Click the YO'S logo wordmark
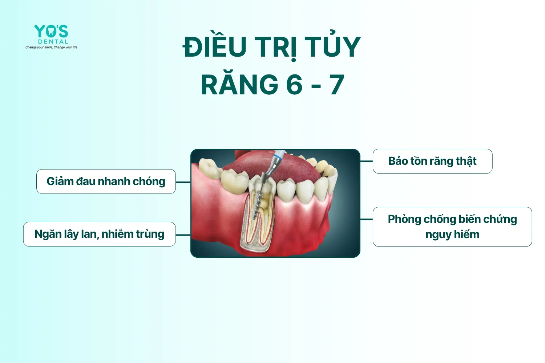51,31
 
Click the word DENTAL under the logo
53,42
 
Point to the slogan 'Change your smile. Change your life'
51,47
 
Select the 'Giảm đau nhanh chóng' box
106,181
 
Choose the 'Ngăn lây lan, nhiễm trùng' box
100,234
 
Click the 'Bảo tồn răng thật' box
433,161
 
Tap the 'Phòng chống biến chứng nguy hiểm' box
452,227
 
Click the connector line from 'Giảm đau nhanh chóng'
183,182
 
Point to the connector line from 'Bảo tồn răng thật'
366,161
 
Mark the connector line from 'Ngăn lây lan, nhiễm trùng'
183,235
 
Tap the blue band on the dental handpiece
279,154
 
